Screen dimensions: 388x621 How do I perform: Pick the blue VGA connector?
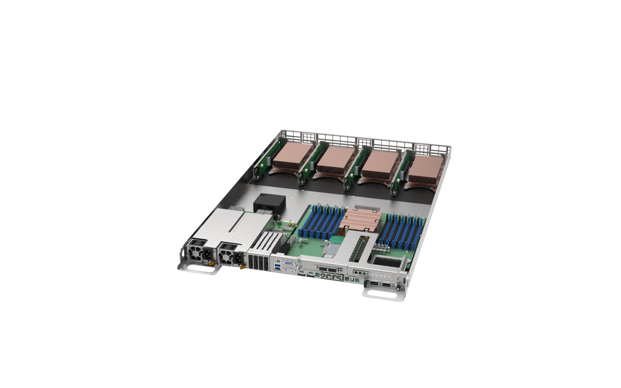[288, 263]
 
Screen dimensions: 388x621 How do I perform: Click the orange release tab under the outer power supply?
[212, 263]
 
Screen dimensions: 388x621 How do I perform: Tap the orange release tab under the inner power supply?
[241, 266]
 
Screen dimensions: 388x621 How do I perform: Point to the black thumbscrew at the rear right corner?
[397, 288]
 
